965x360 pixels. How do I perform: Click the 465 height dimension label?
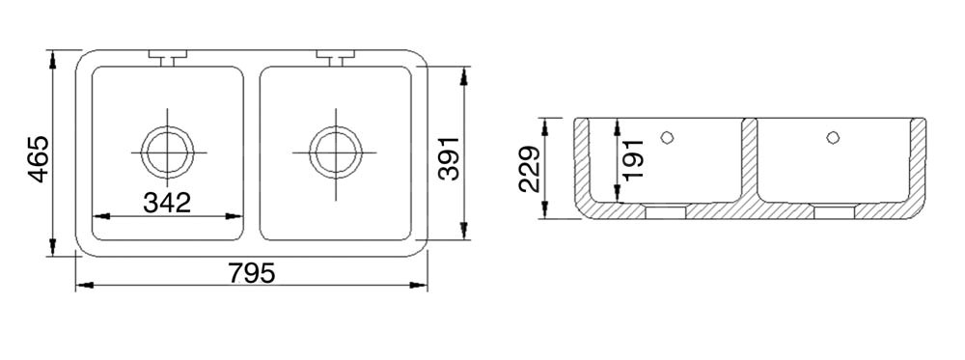[39, 159]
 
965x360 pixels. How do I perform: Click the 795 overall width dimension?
[252, 272]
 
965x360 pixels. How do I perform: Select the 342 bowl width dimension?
[167, 203]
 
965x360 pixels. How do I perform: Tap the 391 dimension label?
[450, 158]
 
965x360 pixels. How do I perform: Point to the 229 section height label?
[530, 169]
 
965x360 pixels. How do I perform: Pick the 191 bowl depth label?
[633, 159]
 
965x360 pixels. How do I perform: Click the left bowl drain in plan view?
[167, 152]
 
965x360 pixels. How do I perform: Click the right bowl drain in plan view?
[336, 152]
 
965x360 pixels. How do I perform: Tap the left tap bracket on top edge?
[167, 57]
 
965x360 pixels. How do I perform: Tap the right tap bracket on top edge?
[336, 57]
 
